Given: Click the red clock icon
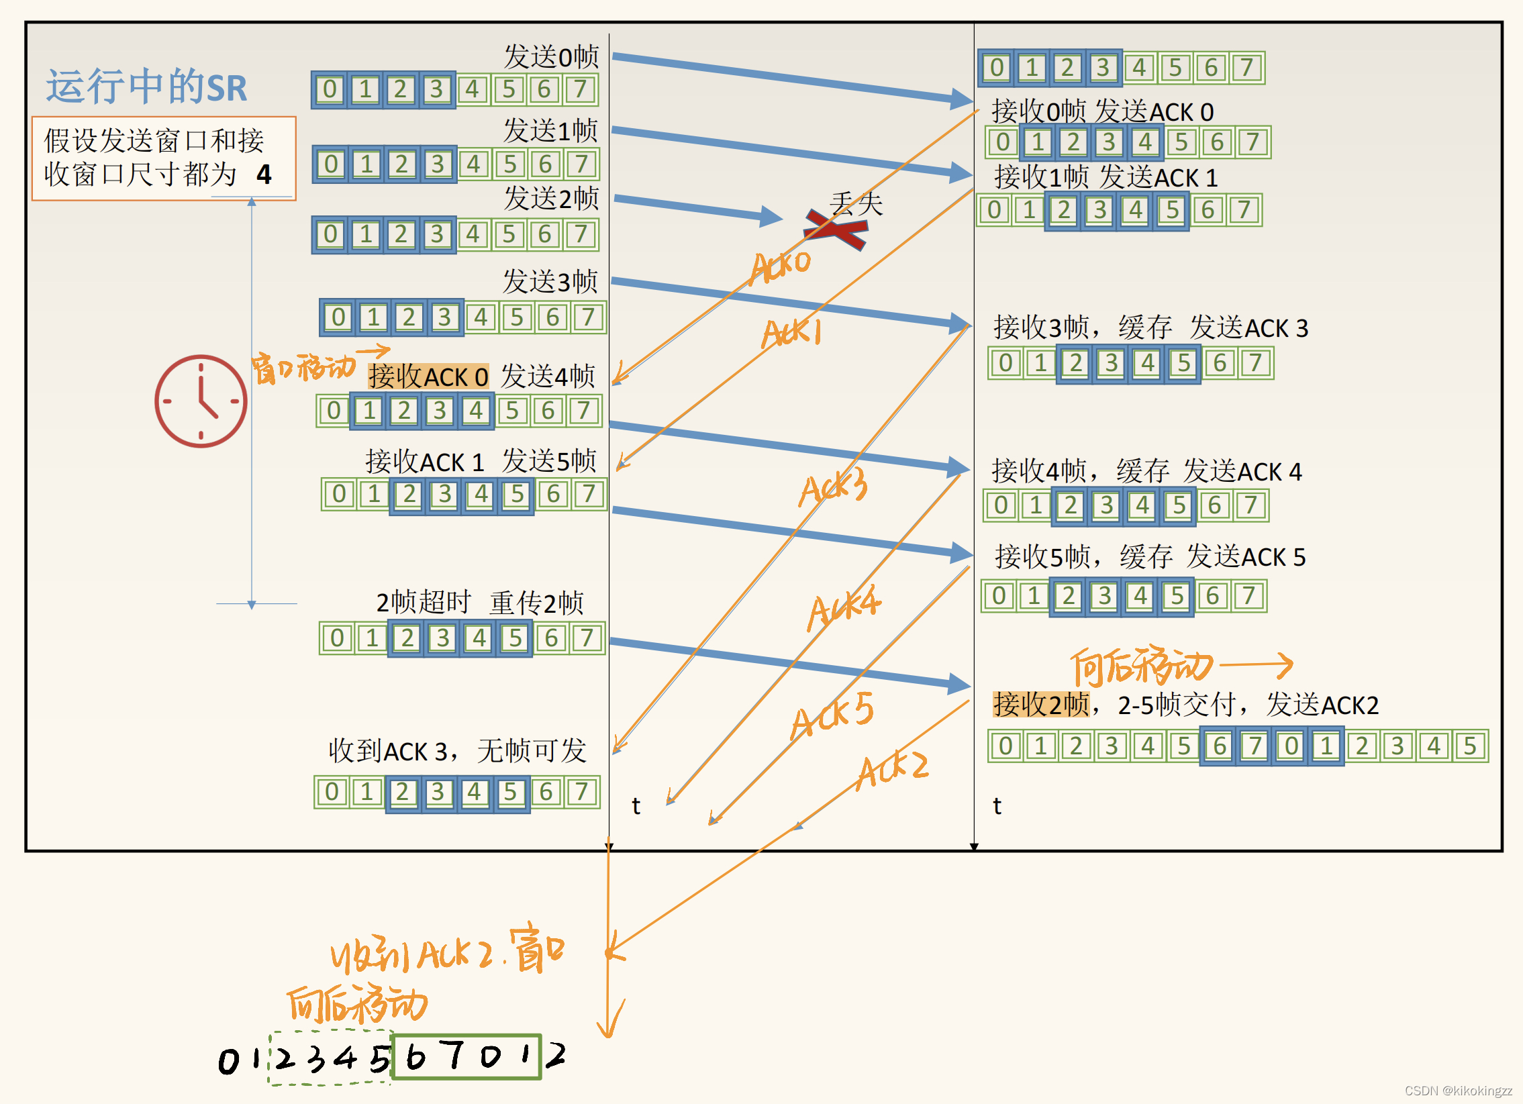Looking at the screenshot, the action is pyautogui.click(x=201, y=401).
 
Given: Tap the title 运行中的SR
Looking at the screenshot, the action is pyautogui.click(x=146, y=87).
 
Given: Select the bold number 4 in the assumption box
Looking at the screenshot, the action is pyautogui.click(x=264, y=175).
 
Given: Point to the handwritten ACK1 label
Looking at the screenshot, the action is pyautogui.click(x=792, y=333).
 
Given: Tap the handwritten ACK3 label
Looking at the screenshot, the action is pyautogui.click(x=834, y=486).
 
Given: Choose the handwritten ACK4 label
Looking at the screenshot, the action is pyautogui.click(x=844, y=607).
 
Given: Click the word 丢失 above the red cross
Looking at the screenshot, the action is pyautogui.click(x=856, y=203).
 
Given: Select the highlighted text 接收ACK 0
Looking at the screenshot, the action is pyautogui.click(x=428, y=377).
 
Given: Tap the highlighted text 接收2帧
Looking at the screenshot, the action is pyautogui.click(x=1041, y=705).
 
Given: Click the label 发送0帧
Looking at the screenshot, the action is pyautogui.click(x=550, y=56).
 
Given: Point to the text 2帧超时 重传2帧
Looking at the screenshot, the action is pyautogui.click(x=479, y=603).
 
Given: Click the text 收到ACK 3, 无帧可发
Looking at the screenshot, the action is pyautogui.click(x=457, y=751).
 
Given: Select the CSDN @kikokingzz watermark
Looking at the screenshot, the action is pyautogui.click(x=1458, y=1091).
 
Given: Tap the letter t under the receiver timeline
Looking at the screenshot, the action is pyautogui.click(x=997, y=805).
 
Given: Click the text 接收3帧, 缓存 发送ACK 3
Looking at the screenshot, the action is pyautogui.click(x=1150, y=328).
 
